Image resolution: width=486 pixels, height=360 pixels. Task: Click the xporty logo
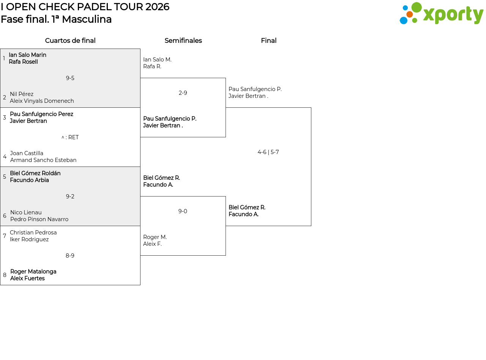(x=441, y=13)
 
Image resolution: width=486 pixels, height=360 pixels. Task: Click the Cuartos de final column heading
(x=70, y=41)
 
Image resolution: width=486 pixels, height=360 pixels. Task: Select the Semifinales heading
(x=183, y=41)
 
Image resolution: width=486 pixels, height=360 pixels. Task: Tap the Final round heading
(x=269, y=41)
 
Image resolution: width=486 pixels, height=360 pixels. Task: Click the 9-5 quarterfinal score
(x=70, y=78)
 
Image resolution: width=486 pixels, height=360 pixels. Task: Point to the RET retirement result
(x=73, y=137)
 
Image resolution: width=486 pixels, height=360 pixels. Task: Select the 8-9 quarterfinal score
(x=70, y=256)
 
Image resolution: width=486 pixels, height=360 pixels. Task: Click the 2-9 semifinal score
(x=183, y=93)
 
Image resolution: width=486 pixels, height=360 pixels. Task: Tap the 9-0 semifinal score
(x=183, y=211)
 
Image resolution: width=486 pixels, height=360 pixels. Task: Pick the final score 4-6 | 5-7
(x=268, y=152)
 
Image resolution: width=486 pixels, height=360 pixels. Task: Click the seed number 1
(x=4, y=58)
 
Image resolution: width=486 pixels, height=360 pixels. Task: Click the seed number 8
(x=5, y=275)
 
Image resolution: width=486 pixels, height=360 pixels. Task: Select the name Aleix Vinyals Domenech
(x=42, y=101)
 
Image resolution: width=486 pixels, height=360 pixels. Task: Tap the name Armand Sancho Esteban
(x=43, y=160)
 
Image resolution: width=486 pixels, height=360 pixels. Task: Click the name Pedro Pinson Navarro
(x=39, y=219)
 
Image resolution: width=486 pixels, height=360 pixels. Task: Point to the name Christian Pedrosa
(x=33, y=232)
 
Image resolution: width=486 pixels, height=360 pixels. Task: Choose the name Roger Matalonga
(x=33, y=272)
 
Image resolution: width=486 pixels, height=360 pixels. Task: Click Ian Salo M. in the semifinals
(x=157, y=60)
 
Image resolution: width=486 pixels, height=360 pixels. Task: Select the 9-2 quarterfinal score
(x=70, y=197)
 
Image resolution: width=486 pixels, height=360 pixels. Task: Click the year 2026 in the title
(x=157, y=7)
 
